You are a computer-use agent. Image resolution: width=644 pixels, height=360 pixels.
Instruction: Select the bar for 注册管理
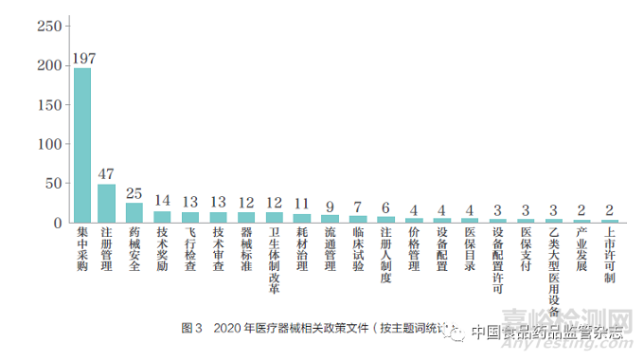[107, 204]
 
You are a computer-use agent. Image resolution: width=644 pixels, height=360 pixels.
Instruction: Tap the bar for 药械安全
[134, 213]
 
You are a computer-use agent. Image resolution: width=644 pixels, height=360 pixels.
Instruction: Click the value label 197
[82, 59]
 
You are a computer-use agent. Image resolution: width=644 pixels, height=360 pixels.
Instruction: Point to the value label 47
[107, 175]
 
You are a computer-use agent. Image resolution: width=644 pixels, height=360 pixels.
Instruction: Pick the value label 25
[134, 193]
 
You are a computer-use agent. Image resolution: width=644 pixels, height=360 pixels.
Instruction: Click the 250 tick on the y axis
[45, 26]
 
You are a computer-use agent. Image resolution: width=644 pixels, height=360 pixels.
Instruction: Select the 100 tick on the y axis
[45, 145]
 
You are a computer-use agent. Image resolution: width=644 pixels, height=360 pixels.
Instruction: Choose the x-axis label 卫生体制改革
[274, 256]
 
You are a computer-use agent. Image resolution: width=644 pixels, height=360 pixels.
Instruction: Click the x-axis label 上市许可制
[609, 256]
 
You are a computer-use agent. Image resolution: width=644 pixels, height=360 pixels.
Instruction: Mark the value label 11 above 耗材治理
[301, 204]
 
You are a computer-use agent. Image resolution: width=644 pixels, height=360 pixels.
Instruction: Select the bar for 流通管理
[330, 220]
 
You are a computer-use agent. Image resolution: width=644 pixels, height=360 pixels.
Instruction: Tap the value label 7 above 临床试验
[358, 207]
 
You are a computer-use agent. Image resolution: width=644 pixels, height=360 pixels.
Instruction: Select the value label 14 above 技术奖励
[162, 201]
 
